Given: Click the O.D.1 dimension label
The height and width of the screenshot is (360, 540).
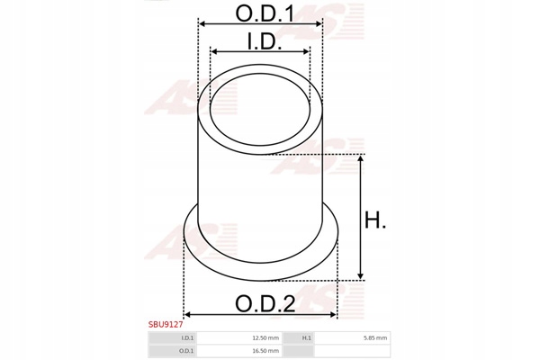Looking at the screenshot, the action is pos(265,13).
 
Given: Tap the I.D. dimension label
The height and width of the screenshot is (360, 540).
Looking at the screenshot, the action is pos(265,41).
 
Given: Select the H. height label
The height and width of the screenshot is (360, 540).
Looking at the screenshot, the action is pos(375,220).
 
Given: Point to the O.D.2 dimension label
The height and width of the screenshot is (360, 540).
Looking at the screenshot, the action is pos(265,303).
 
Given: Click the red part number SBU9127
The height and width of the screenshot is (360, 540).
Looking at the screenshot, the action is pos(166,325).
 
